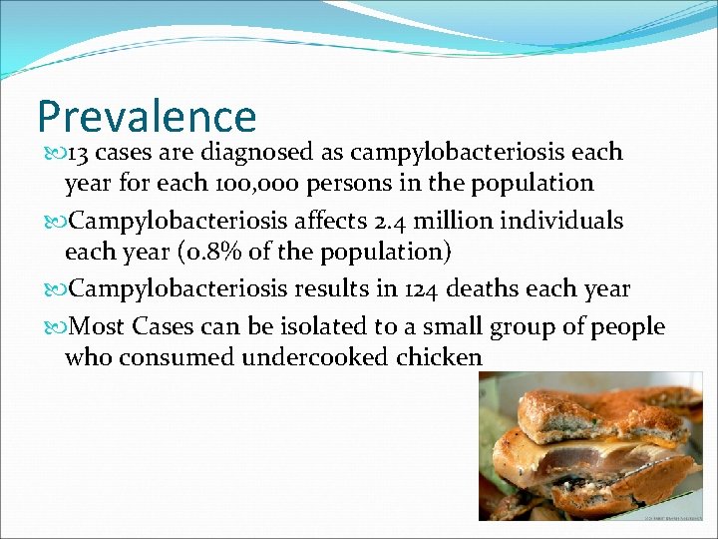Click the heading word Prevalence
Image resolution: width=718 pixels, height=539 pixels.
147,117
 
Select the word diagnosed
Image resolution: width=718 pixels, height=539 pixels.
259,153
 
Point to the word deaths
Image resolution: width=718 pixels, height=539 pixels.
486,289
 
